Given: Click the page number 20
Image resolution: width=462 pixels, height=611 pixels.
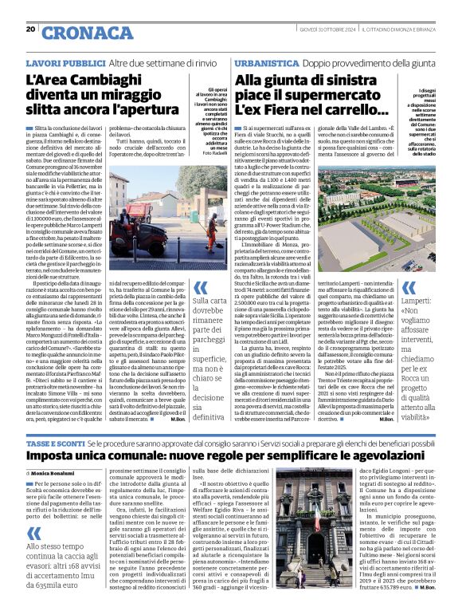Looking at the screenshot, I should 29,30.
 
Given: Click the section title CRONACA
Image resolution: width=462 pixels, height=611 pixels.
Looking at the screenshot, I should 76,33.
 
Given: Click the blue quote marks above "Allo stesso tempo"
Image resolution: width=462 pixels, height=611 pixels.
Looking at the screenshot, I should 33,510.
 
